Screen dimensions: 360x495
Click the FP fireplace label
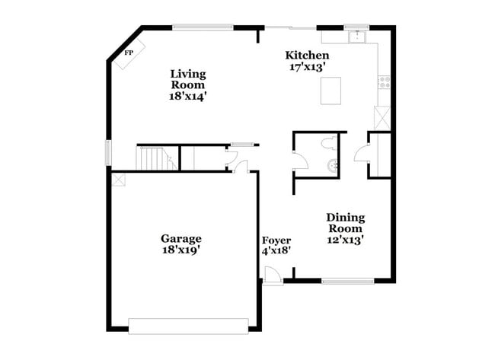tap(129, 53)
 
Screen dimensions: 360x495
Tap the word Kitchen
tap(307, 56)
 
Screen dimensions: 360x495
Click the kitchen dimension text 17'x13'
tap(307, 66)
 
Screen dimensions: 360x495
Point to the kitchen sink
tap(356, 35)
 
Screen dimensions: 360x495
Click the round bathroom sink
tap(332, 163)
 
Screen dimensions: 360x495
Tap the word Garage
tap(180, 238)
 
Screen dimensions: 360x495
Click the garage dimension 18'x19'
tap(180, 249)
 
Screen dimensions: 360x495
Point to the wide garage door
tap(188, 326)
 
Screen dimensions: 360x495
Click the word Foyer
tap(276, 241)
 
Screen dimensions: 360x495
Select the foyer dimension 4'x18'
tap(276, 250)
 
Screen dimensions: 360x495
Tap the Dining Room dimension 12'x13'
tap(345, 239)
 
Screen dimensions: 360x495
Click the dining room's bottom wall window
tap(347, 282)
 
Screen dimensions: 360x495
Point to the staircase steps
tap(155, 158)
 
